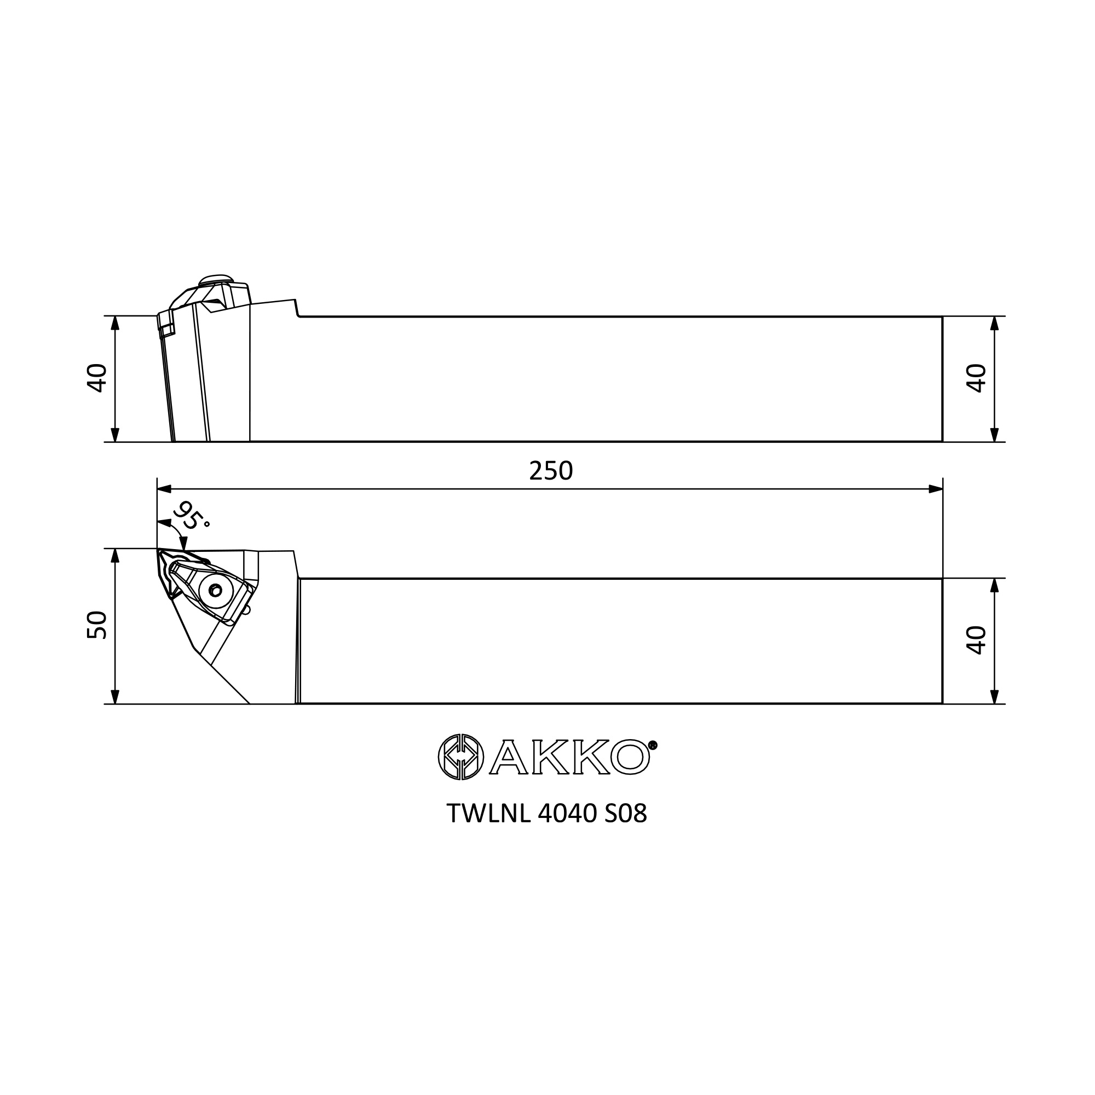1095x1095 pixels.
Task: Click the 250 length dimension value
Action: coord(551,471)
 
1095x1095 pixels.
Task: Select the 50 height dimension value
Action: coord(97,625)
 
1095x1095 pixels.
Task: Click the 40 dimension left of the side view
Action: coord(97,378)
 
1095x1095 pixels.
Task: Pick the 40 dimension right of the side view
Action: coord(976,378)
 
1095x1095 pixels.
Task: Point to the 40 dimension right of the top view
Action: coord(976,640)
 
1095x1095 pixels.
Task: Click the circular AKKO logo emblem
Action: coord(461,757)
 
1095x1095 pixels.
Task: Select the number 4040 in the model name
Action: coord(567,814)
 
